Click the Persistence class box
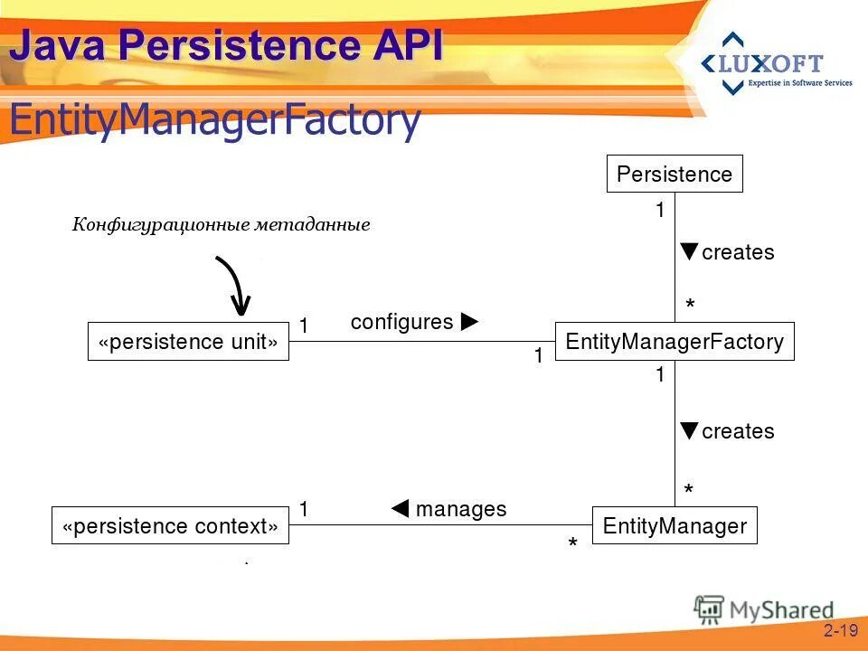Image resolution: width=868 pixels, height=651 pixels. [675, 174]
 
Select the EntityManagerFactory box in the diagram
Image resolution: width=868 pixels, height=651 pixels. [675, 342]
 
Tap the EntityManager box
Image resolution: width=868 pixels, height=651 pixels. [675, 525]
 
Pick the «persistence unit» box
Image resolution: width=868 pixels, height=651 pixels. [188, 342]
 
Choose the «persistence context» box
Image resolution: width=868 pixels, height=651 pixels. [170, 525]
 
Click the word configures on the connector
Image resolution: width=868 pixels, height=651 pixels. [401, 322]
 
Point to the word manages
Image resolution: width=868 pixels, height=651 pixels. [461, 509]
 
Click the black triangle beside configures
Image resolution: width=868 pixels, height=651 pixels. [469, 322]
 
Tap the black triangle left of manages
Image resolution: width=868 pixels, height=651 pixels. [401, 509]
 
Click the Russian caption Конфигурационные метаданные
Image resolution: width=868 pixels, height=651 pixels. [222, 225]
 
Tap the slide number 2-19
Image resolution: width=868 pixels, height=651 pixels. [840, 630]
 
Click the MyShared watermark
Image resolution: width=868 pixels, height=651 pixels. [765, 609]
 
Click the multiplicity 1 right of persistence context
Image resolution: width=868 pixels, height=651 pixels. [304, 509]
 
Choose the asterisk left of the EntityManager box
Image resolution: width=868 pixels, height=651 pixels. [572, 545]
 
